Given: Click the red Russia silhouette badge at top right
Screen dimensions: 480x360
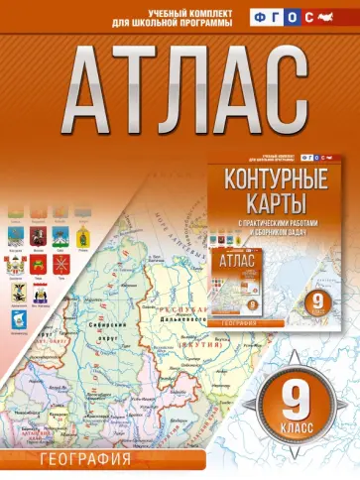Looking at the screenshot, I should tap(335, 17).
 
